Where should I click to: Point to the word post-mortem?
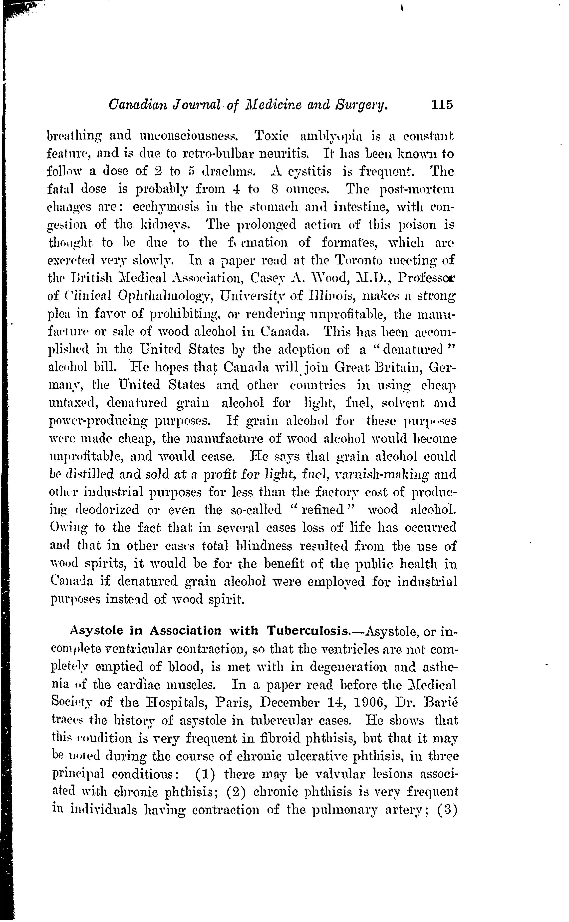tap(417, 189)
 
